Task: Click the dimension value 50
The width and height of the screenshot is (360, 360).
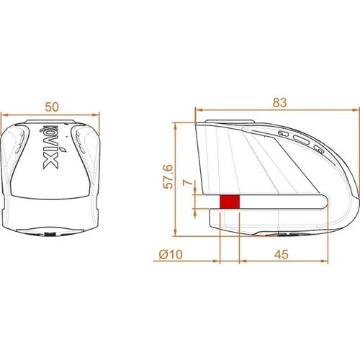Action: (x=52, y=107)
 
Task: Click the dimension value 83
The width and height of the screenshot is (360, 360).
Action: (x=279, y=102)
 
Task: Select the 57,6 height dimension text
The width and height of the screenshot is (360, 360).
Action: (x=168, y=176)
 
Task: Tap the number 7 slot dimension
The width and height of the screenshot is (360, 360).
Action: (x=188, y=183)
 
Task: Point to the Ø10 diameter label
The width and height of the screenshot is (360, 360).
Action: (x=171, y=254)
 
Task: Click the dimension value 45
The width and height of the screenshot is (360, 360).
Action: (x=282, y=254)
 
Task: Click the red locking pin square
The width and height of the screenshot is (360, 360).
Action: (x=230, y=202)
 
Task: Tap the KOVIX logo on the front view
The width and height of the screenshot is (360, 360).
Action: (x=51, y=147)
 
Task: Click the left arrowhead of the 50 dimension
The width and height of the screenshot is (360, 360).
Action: (x=4, y=115)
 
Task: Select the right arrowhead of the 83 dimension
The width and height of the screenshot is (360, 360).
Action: (x=356, y=110)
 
